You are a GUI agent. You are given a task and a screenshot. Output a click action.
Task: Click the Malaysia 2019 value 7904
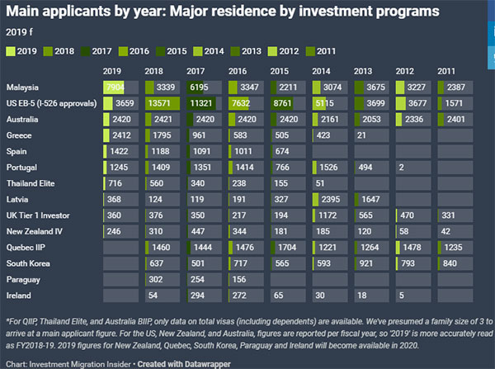click(x=115, y=88)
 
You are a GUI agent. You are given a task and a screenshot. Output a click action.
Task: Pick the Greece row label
click(x=21, y=135)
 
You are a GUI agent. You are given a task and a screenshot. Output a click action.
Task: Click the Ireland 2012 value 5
click(x=400, y=293)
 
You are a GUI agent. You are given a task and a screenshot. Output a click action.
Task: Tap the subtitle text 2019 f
click(x=17, y=31)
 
